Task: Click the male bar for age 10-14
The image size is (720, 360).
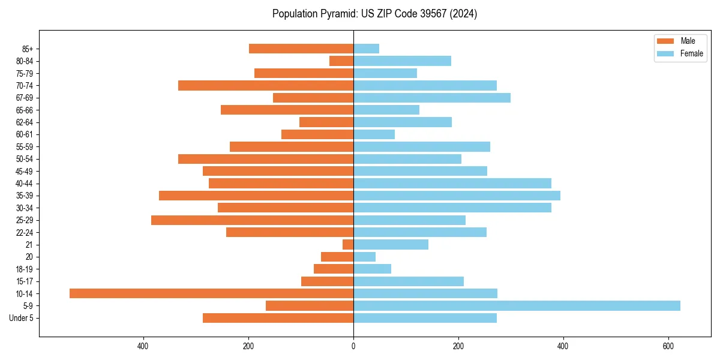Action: [x=211, y=293]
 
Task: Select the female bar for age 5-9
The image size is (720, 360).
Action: [x=517, y=305]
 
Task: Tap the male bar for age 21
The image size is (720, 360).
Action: [x=348, y=244]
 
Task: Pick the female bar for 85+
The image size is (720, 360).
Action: [x=366, y=49]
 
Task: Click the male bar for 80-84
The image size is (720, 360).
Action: [x=341, y=61]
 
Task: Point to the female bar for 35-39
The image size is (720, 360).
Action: [x=457, y=196]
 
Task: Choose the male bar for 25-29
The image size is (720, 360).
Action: [x=252, y=220]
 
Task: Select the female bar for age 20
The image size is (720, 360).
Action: [x=364, y=257]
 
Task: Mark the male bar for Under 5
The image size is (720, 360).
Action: [x=278, y=318]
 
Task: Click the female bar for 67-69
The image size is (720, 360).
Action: [x=432, y=98]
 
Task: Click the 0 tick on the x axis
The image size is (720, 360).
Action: [x=353, y=346]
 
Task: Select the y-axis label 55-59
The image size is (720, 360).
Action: [x=24, y=146]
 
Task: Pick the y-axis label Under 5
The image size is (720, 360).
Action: [x=21, y=318]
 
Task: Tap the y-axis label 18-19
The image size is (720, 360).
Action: [x=24, y=269]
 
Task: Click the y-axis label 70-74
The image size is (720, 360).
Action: [x=24, y=85]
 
